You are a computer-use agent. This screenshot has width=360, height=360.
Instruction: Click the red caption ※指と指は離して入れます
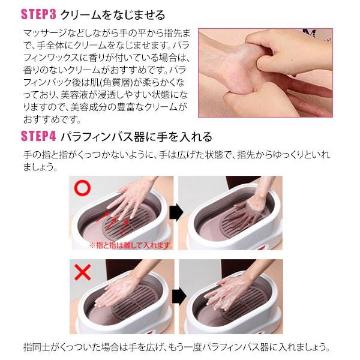131,245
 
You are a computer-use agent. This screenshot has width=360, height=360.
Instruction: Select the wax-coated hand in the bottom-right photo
240,288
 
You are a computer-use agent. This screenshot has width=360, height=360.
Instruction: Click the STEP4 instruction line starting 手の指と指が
176,155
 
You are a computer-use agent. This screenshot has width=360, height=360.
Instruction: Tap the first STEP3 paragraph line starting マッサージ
108,32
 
